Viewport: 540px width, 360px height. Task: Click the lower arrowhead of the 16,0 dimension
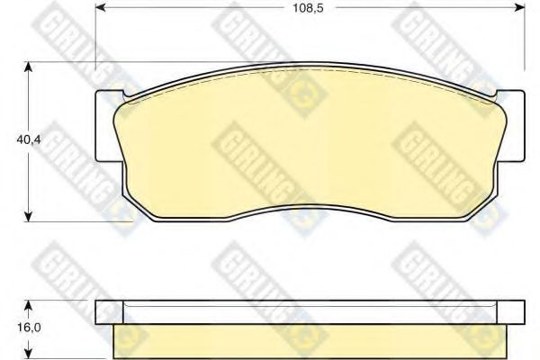31,353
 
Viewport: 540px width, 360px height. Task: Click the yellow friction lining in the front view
306,144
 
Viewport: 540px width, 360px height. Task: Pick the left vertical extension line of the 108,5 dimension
95,36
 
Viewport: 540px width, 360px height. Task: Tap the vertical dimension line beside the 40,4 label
31,180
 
